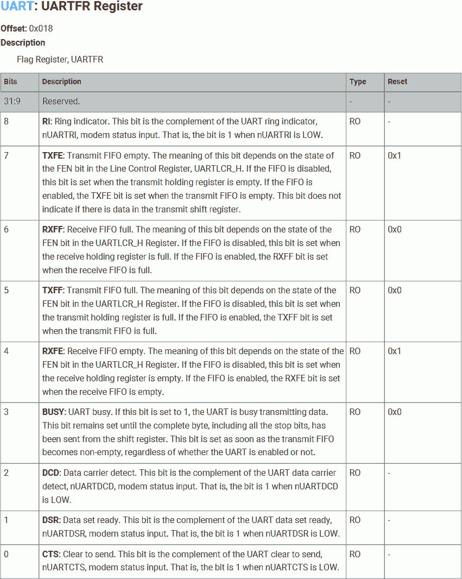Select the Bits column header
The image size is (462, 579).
coord(10,81)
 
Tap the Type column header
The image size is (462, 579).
coord(358,81)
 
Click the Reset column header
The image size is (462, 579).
coord(397,81)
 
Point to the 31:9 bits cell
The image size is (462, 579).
coord(12,101)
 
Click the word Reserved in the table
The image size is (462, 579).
coord(61,101)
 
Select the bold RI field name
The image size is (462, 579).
coord(46,122)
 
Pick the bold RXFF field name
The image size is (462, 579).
coord(53,230)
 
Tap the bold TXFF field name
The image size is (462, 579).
coord(53,291)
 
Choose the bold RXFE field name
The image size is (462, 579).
coord(53,351)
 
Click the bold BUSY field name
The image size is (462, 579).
coord(53,412)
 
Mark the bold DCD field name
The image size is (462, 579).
coord(50,473)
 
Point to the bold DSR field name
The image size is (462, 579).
coord(50,520)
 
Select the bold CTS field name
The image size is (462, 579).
coord(50,555)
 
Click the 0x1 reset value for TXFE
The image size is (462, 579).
coord(395,156)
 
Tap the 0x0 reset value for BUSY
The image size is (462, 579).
coord(395,412)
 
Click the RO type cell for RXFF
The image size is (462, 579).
coord(355,230)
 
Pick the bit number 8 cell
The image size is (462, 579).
coord(7,122)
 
